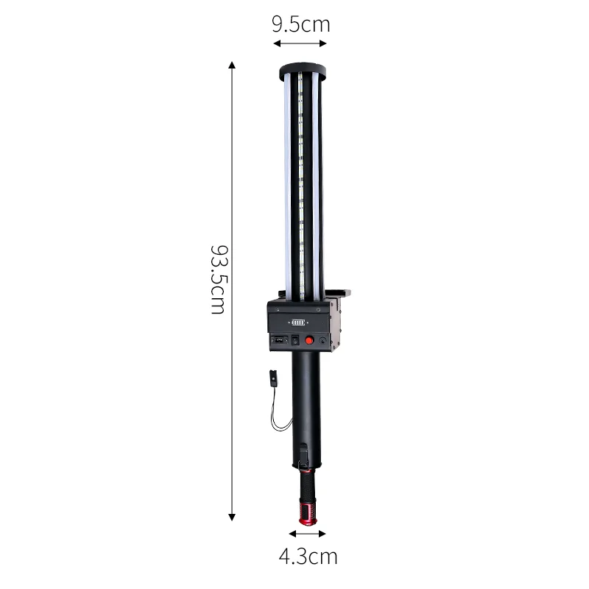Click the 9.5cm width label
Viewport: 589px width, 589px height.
301,24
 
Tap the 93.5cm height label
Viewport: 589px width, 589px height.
219,280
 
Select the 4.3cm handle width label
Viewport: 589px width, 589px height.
308,557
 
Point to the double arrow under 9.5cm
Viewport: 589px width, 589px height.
300,43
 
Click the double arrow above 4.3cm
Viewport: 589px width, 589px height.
307,533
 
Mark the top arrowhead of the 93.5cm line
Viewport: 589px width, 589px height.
232,65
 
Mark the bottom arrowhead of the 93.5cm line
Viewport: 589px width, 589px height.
232,517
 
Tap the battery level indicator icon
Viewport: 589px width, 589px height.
299,322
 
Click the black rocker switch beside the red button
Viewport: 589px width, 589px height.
295,340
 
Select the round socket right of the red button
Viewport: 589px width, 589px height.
322,341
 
